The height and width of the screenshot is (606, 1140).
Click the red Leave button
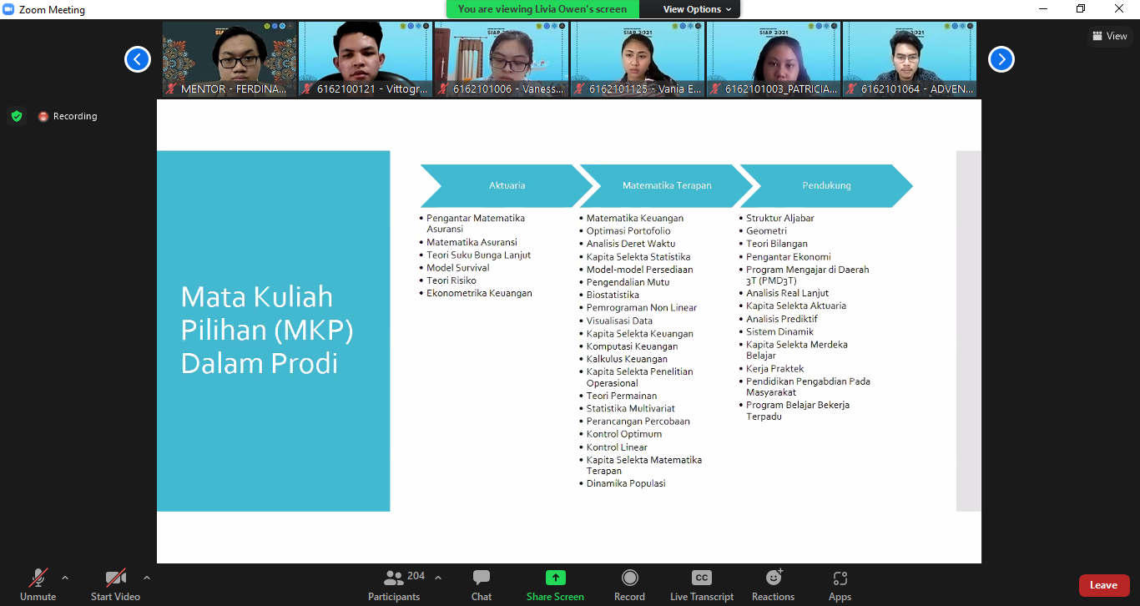pyautogui.click(x=1104, y=585)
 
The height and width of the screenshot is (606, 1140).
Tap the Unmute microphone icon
pyautogui.click(x=38, y=578)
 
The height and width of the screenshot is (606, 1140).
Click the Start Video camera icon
pyautogui.click(x=115, y=578)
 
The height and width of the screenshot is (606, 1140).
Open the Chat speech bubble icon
pyautogui.click(x=481, y=578)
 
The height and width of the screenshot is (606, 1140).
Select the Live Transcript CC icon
pyautogui.click(x=701, y=578)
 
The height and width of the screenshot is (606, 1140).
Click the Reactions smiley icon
pyautogui.click(x=774, y=578)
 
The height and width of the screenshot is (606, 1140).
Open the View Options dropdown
pyautogui.click(x=697, y=9)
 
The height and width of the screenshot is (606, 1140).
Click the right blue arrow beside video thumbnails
pyautogui.click(x=1001, y=59)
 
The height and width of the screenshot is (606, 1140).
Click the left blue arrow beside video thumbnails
pyautogui.click(x=138, y=59)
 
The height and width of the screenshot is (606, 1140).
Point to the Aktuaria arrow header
pyautogui.click(x=507, y=185)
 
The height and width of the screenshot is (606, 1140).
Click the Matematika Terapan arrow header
pyautogui.click(x=667, y=185)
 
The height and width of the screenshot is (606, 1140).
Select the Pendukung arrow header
pyautogui.click(x=826, y=185)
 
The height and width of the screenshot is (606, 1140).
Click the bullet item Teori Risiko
pyautogui.click(x=451, y=280)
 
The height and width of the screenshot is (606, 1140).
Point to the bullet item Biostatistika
pyautogui.click(x=613, y=295)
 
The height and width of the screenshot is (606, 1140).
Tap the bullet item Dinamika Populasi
pyautogui.click(x=625, y=483)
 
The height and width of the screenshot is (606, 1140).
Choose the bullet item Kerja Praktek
pyautogui.click(x=774, y=368)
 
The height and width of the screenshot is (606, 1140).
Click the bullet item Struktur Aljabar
pyautogui.click(x=779, y=219)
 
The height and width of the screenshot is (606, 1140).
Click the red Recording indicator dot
pyautogui.click(x=43, y=117)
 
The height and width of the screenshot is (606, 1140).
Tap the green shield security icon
pyautogui.click(x=17, y=117)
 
